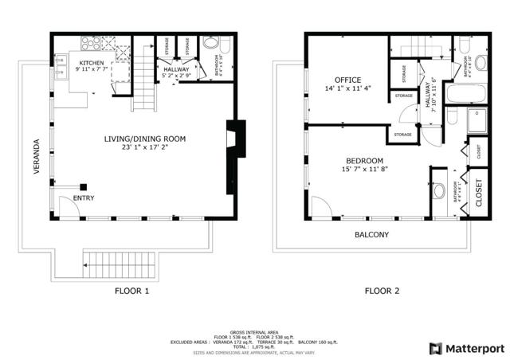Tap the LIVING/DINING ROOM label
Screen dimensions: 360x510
(144, 139)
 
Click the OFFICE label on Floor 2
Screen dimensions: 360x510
(347, 80)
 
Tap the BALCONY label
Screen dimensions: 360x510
(371, 234)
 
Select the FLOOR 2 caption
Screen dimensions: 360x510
(382, 291)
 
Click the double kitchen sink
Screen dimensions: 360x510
(61, 64)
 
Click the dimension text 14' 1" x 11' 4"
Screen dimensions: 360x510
(347, 90)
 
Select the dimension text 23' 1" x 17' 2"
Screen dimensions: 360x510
(144, 148)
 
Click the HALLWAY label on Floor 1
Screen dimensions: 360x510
(177, 70)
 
